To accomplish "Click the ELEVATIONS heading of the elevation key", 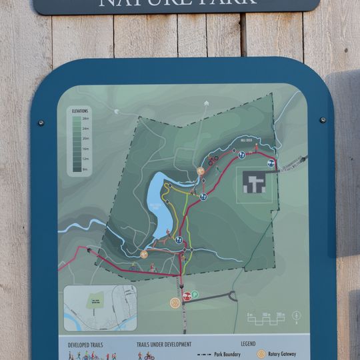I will pos(80,110).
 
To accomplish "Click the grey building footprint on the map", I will pos(254,182).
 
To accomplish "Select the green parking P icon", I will pos(195,295).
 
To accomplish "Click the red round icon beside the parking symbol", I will pos(187,295).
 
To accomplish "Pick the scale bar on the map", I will pos(266,319).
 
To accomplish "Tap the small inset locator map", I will pos(100,308).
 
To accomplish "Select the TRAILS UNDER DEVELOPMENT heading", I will pos(164,345).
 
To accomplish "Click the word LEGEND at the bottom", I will pos(249,344).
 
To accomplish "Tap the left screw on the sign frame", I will pos(41,123).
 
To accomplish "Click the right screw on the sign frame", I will pos(323,120).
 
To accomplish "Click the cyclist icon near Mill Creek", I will pos(213,160).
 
